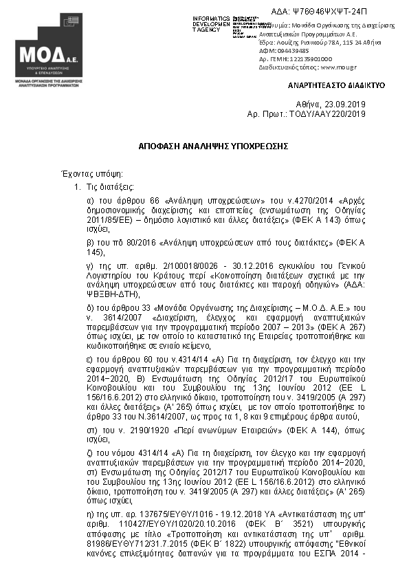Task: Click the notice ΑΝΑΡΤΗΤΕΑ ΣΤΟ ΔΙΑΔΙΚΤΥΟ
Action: [x=335, y=85]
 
